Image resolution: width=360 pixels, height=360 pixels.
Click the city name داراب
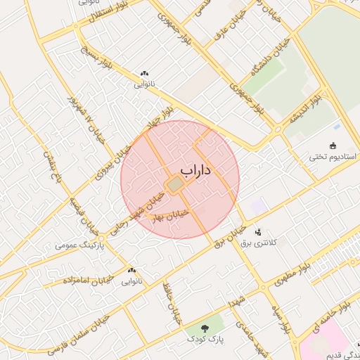point(195,170)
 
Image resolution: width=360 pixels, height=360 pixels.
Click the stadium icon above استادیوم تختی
point(333,145)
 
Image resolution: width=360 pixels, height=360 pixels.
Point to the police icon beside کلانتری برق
point(258,231)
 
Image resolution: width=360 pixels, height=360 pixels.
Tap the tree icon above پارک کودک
point(205,328)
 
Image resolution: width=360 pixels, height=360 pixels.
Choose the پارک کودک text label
point(205,340)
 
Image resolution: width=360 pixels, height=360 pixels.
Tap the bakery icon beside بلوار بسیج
point(145,73)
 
